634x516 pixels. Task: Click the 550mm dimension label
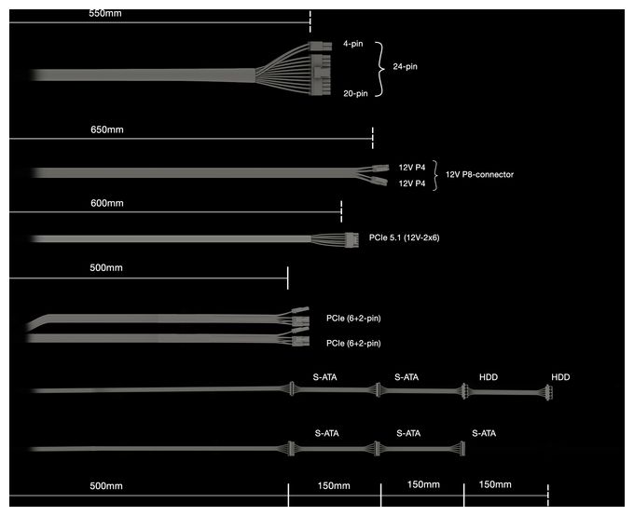105,13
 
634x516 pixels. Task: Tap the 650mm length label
107,129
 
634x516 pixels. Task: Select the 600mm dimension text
107,203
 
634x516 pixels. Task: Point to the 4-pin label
353,44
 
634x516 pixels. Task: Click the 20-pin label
356,93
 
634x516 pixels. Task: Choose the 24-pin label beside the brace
406,67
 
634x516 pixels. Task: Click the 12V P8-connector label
479,174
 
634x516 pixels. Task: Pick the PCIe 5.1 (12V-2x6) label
405,238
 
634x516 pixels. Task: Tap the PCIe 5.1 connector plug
351,240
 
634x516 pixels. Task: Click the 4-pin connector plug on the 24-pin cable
321,46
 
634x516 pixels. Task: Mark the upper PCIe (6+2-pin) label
353,319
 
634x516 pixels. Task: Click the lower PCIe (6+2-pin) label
353,344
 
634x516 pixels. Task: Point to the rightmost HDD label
561,377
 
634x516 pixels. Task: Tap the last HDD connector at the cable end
548,392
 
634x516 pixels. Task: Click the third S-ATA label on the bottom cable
484,433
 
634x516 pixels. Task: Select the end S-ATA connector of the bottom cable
462,449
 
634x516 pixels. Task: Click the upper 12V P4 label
412,168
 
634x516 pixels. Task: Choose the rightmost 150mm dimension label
495,484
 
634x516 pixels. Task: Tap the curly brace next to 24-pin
379,70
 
